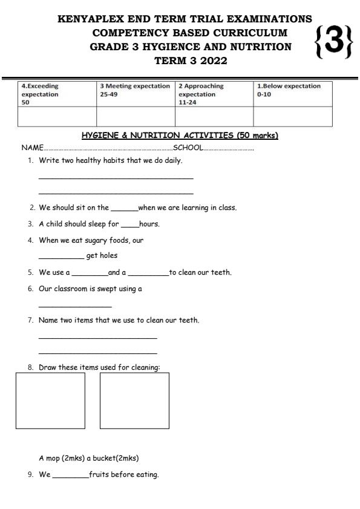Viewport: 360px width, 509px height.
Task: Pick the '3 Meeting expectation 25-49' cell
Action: click(136, 90)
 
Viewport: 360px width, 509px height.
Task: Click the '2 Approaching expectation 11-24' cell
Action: click(214, 94)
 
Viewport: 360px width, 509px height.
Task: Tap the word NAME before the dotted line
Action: click(33, 148)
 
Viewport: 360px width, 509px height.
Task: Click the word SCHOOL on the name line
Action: click(188, 148)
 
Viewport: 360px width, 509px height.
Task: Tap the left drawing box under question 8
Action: click(50, 401)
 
